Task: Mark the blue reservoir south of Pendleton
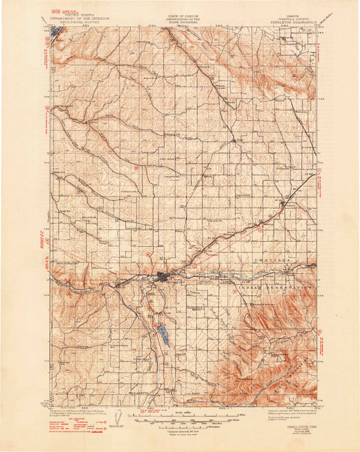point(163,333)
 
